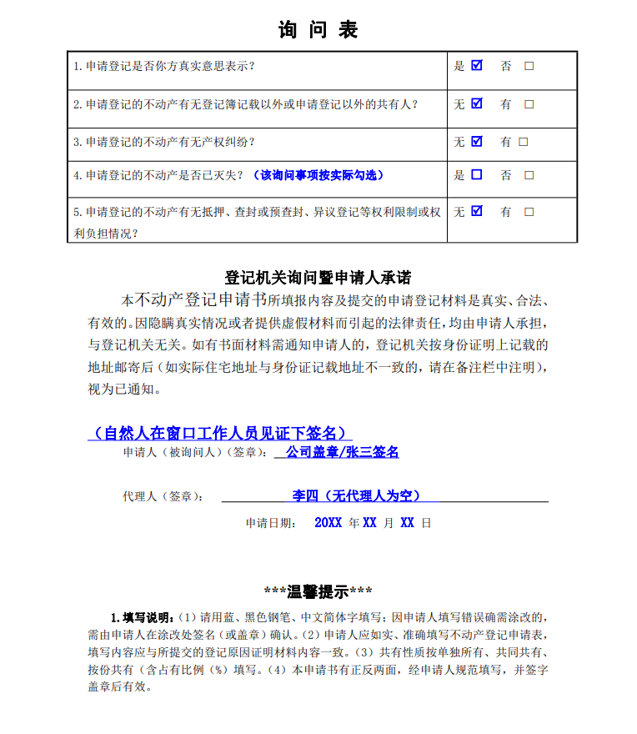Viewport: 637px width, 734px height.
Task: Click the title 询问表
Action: [x=318, y=30]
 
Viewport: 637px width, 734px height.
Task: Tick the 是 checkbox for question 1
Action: [x=477, y=65]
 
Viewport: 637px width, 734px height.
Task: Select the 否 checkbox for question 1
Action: [x=529, y=66]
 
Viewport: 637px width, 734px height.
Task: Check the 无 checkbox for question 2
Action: [x=477, y=103]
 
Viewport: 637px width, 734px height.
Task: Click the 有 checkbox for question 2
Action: [x=529, y=104]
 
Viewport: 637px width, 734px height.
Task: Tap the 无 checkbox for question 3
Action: [x=477, y=141]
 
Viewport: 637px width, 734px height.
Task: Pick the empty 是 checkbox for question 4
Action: [x=477, y=175]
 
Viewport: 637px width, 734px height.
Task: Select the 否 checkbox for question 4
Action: [x=529, y=176]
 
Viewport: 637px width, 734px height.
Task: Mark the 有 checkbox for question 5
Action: [x=529, y=213]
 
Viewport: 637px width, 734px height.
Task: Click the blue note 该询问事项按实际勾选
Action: [x=318, y=175]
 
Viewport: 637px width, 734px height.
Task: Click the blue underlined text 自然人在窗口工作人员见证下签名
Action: [x=218, y=433]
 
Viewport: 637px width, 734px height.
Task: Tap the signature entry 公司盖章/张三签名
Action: [x=342, y=452]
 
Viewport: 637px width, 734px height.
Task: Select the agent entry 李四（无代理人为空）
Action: [x=356, y=495]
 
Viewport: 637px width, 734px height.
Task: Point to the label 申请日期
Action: [x=269, y=524]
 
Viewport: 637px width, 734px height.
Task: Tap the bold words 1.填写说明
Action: [x=143, y=618]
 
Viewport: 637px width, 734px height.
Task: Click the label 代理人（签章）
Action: [x=163, y=496]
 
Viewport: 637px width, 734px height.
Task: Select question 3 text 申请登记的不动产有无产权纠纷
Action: [x=170, y=142]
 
